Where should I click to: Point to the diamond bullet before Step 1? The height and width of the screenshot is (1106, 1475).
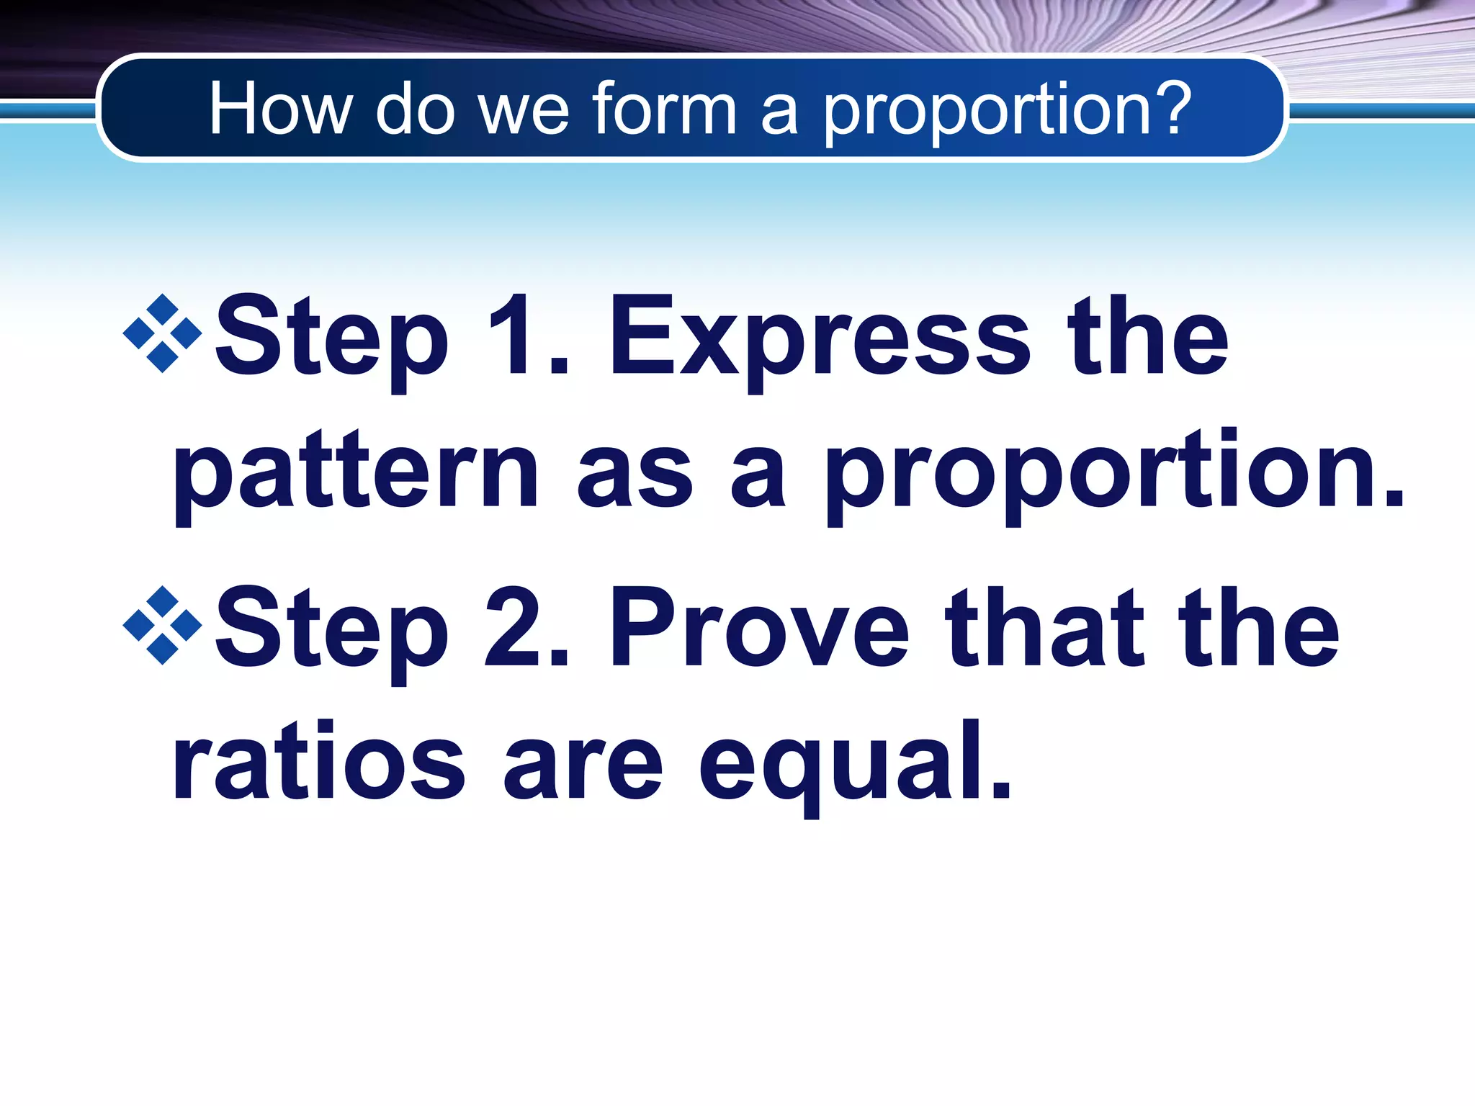click(x=163, y=333)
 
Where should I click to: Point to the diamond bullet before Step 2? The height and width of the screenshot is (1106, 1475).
click(x=163, y=625)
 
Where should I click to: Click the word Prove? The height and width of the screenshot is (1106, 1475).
click(x=760, y=628)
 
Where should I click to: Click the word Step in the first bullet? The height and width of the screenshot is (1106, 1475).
click(x=331, y=338)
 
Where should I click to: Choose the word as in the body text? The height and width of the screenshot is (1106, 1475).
click(x=634, y=475)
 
